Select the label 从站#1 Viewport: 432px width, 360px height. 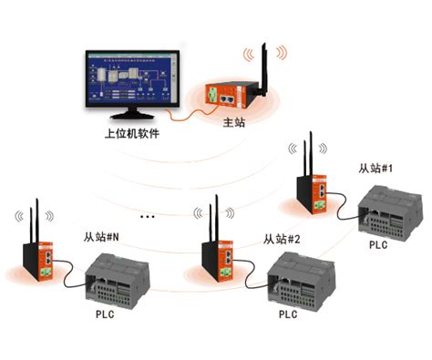pyautogui.click(x=375, y=169)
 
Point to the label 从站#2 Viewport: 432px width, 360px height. pyautogui.click(x=282, y=239)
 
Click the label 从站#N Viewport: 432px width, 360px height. pyautogui.click(x=101, y=237)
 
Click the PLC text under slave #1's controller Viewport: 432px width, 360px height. pyautogui.click(x=378, y=245)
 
